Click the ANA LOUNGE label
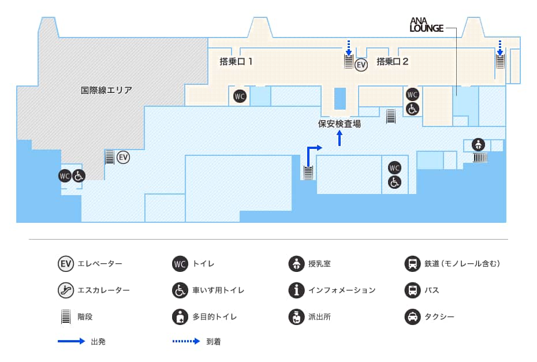tap(426, 24)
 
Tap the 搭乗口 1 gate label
tap(236, 61)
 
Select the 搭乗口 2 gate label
tap(393, 61)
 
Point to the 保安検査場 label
tap(340, 123)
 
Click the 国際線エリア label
tap(106, 90)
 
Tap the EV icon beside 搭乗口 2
tap(361, 65)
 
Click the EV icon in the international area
tap(123, 156)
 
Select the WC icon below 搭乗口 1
tap(240, 96)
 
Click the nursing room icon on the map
tap(478, 144)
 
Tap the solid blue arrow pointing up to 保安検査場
tap(340, 138)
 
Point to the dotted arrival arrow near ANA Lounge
tap(500, 46)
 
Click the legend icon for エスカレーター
tap(66, 290)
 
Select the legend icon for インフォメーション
tap(296, 290)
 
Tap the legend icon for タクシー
tap(412, 316)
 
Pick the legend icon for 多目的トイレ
tap(180, 316)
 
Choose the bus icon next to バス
tap(412, 290)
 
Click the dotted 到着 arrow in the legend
tap(186, 341)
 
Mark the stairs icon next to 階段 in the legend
tap(66, 316)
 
